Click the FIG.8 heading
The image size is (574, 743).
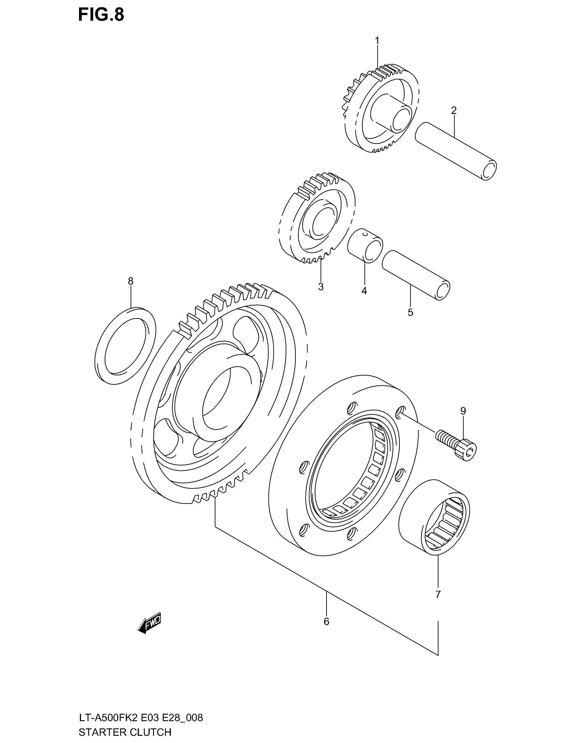point(101,15)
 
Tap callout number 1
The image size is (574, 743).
point(377,41)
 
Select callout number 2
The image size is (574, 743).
point(453,110)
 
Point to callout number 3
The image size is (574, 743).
point(321,287)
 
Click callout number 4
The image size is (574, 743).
point(364,291)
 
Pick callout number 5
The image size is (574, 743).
point(411,312)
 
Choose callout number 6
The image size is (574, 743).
point(327,621)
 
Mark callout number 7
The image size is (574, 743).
point(438,594)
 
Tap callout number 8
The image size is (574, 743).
point(131,281)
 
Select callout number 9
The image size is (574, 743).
point(463,411)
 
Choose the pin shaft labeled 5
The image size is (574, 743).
point(416,275)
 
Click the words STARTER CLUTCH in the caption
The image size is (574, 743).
point(125,732)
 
